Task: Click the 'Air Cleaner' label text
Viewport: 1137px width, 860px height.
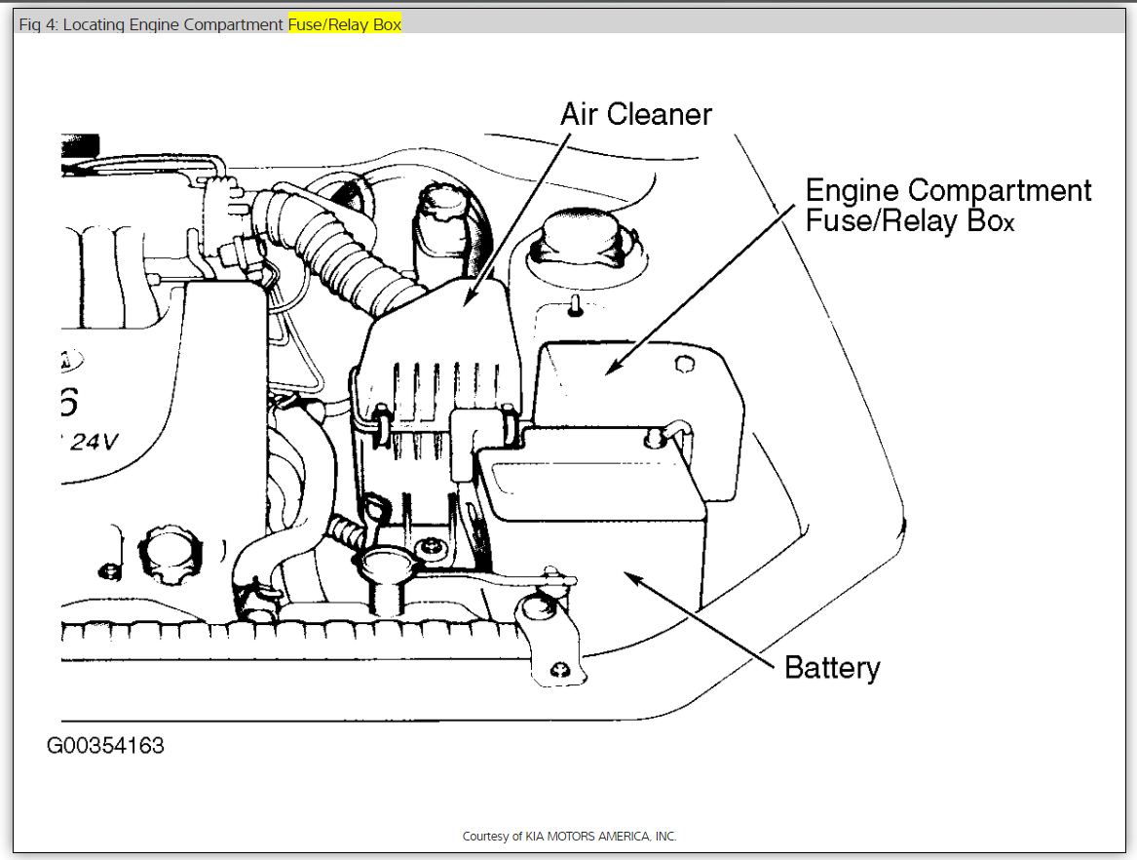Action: pos(636,114)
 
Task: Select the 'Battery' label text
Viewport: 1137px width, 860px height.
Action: pos(832,668)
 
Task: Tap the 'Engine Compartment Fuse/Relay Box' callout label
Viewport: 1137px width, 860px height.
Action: pos(948,205)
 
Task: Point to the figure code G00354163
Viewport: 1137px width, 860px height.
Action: pos(105,747)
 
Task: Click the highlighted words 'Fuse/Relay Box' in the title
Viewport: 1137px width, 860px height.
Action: pos(344,24)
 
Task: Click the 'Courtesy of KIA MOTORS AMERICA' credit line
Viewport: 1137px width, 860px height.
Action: pos(569,837)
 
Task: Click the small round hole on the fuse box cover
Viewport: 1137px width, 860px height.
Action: pos(685,364)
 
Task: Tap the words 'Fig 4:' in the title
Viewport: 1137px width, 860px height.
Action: pos(38,24)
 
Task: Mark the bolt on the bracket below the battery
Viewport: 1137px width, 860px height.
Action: pos(559,670)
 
